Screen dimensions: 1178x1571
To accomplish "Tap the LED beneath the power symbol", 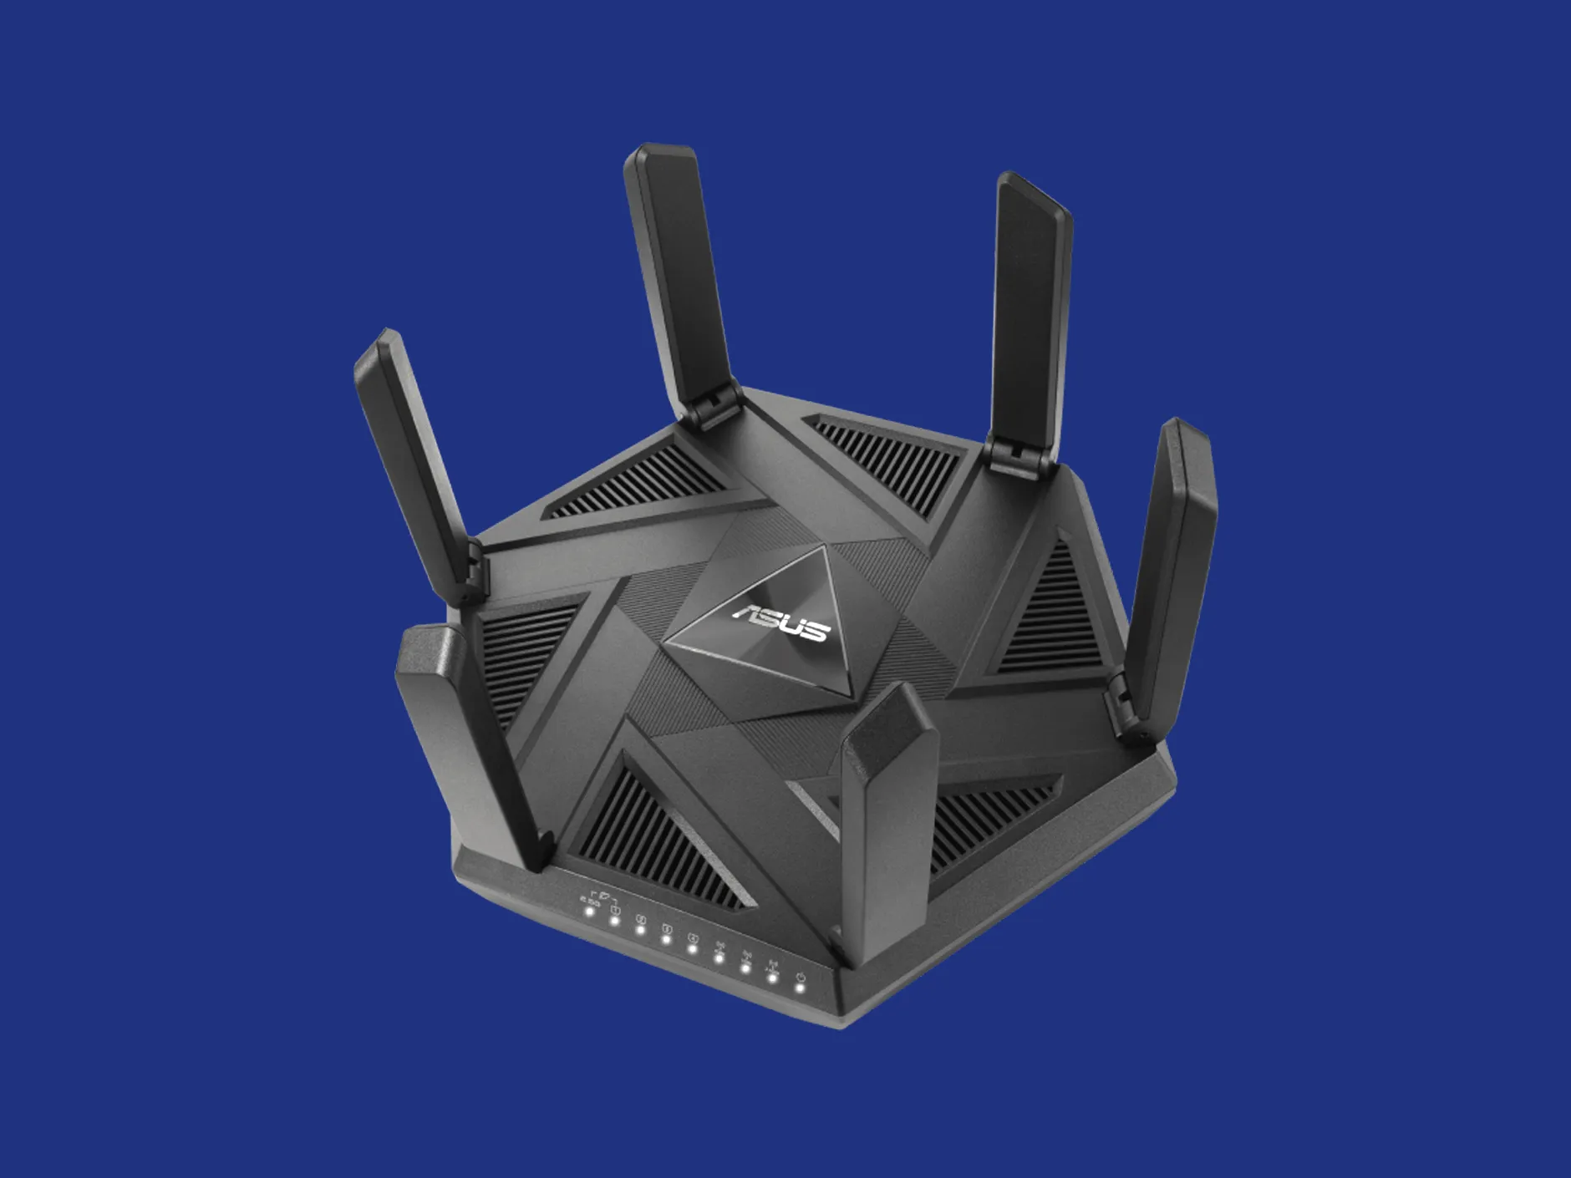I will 800,988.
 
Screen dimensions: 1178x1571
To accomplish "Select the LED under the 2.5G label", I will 589,911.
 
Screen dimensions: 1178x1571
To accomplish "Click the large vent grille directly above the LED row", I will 660,835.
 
